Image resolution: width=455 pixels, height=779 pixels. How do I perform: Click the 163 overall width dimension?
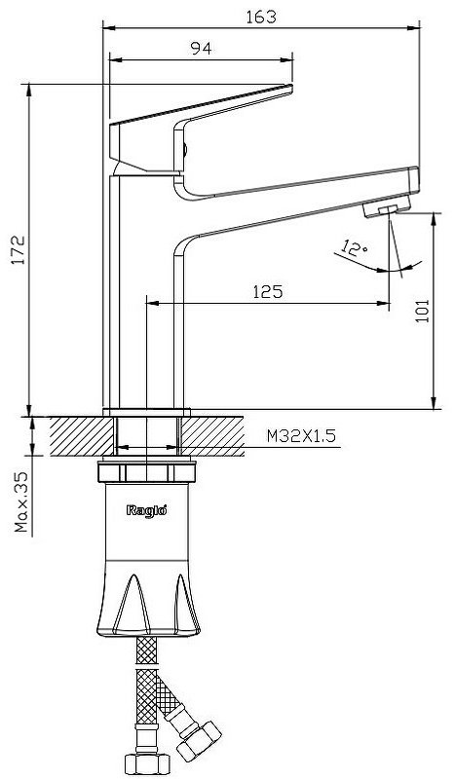click(x=261, y=17)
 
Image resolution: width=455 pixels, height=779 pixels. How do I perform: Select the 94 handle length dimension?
click(x=201, y=48)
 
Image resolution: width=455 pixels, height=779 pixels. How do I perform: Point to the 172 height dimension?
click(x=19, y=250)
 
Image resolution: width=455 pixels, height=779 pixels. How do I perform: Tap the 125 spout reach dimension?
click(x=268, y=291)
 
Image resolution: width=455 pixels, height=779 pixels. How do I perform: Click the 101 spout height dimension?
click(x=422, y=311)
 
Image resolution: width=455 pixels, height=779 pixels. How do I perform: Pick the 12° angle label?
click(x=355, y=248)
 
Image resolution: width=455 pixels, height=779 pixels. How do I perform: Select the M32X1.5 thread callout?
click(x=301, y=436)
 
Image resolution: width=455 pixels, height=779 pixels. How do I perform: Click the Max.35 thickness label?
click(x=21, y=501)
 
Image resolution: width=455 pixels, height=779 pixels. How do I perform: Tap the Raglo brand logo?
click(x=146, y=509)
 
